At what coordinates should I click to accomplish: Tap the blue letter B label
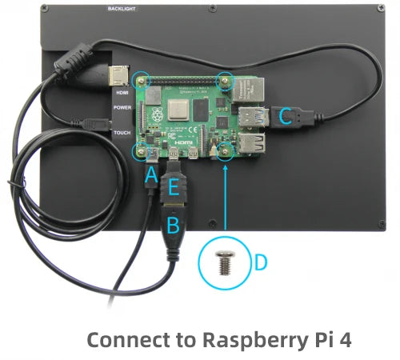(x=172, y=224)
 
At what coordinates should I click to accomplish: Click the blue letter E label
(x=174, y=189)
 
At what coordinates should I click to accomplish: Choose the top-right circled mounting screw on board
(x=226, y=81)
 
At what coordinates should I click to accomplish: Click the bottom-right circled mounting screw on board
(x=226, y=149)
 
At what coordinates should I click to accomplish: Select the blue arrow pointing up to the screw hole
(x=226, y=200)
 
